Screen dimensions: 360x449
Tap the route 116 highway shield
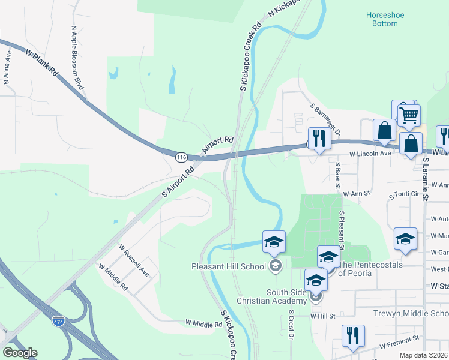click(x=181, y=157)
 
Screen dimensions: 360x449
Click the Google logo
click(x=20, y=353)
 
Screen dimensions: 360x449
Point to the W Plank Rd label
click(x=41, y=62)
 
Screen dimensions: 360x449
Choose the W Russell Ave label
click(x=134, y=260)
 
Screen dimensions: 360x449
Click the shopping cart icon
click(x=409, y=115)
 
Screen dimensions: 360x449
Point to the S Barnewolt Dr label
click(x=325, y=119)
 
